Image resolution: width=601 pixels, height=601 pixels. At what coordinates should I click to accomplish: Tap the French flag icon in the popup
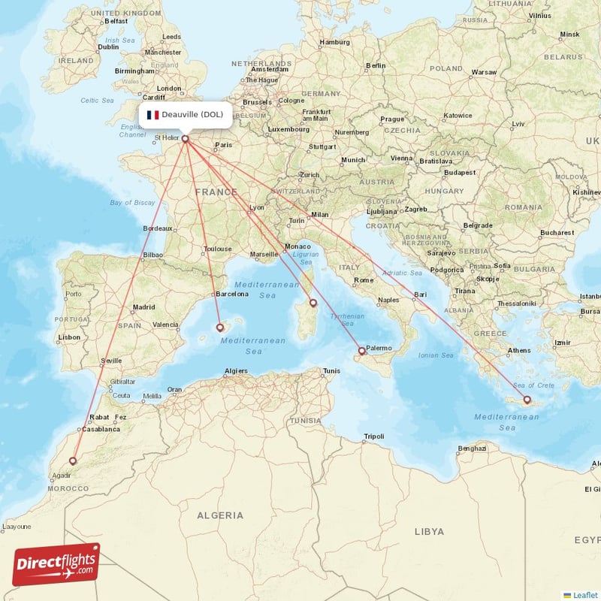[153, 115]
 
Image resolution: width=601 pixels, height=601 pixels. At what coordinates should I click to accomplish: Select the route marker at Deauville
[186, 138]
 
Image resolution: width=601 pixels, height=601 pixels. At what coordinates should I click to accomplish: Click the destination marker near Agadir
[73, 461]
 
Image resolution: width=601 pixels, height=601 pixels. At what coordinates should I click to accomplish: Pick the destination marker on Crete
[527, 400]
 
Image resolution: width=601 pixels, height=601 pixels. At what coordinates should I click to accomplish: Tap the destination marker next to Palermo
[361, 351]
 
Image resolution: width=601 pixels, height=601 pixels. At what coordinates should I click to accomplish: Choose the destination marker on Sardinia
[313, 304]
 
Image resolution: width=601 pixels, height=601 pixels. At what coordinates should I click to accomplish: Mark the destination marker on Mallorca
[220, 327]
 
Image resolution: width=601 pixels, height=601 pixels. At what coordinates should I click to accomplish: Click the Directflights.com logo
[56, 563]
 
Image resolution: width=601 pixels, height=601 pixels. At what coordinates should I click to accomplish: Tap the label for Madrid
[143, 307]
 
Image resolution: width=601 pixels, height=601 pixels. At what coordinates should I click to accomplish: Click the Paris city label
[223, 145]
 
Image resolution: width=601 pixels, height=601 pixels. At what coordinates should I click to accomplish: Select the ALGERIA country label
[220, 515]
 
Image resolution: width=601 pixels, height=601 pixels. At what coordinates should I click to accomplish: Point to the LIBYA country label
[429, 531]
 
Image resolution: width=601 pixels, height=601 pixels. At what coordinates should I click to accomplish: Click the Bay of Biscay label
[132, 203]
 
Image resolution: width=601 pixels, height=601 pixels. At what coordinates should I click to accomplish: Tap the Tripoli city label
[373, 436]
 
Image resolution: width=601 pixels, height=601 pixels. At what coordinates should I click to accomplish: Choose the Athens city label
[519, 350]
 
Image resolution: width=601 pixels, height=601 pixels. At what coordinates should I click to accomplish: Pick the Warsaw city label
[484, 72]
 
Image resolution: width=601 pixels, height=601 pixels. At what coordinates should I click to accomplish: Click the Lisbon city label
[69, 337]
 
